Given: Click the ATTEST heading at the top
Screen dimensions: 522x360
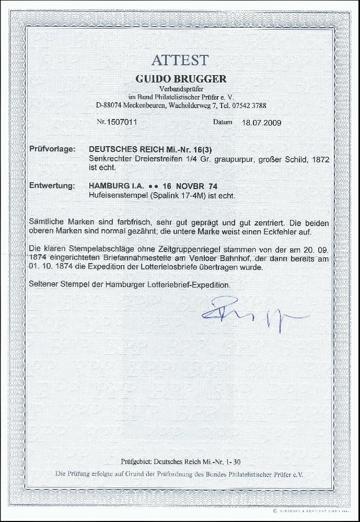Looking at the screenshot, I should [x=180, y=61].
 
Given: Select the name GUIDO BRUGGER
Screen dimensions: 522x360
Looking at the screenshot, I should [x=181, y=79].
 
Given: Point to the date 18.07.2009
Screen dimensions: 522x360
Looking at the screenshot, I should [x=261, y=123].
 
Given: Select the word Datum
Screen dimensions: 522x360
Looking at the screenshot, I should [x=222, y=123].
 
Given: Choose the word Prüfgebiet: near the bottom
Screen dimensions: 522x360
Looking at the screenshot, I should [x=136, y=461].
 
